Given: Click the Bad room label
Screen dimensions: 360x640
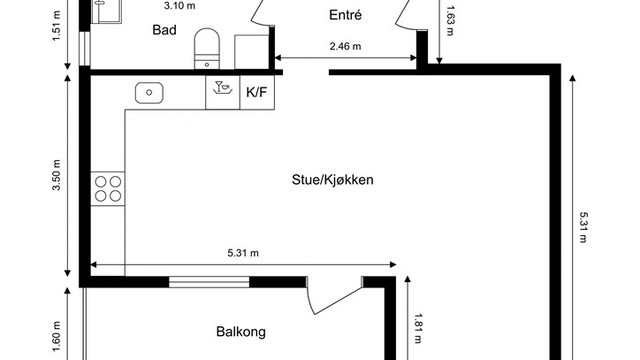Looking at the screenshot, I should point(165,30).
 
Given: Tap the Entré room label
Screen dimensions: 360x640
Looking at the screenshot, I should point(345,15).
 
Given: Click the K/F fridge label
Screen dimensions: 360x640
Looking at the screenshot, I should point(256,93).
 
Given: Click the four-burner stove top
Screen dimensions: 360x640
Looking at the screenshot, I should point(108,190).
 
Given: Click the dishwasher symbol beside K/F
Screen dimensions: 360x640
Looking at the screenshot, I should point(221,92).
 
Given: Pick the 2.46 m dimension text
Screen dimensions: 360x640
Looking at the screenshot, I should point(345,46).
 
